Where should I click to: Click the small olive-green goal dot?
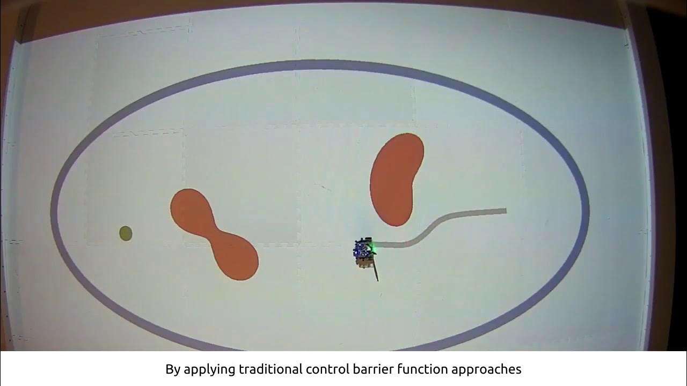(x=126, y=233)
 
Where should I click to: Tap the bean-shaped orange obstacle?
(x=396, y=180)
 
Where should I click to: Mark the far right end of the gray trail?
(x=505, y=211)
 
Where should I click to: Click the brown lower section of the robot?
(x=364, y=262)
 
